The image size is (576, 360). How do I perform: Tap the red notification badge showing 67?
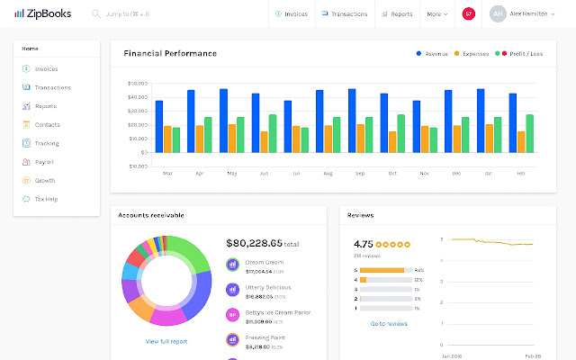pos(468,14)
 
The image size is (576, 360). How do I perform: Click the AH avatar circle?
pos(497,14)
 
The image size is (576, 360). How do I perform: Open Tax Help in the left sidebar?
pos(46,199)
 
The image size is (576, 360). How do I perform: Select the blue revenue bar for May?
pos(223,121)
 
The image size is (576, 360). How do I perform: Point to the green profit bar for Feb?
pos(530,133)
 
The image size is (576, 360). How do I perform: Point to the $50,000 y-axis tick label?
pos(138,83)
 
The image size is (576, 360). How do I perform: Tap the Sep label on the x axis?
pos(360,173)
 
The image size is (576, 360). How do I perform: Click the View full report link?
pos(166,341)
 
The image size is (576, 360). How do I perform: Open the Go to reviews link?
pos(389,323)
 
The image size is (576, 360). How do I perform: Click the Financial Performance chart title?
pos(170,53)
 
